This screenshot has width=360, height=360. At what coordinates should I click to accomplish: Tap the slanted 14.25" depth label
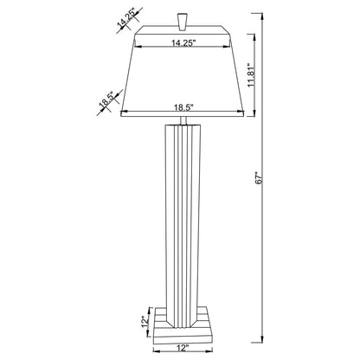point(126,19)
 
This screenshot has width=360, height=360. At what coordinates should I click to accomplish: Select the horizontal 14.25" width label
point(182,41)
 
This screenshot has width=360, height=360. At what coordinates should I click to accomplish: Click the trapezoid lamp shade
point(182,78)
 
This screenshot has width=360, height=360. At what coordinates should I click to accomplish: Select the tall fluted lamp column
point(181,216)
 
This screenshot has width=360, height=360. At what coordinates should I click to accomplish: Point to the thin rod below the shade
point(181,120)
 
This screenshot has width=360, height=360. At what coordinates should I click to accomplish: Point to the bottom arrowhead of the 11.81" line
point(254,114)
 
